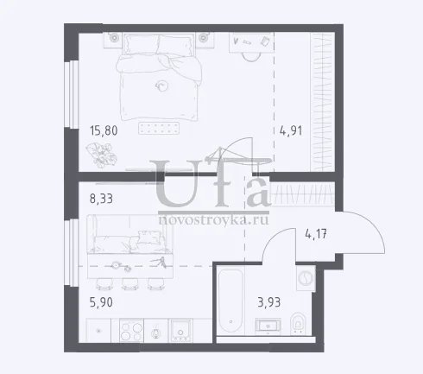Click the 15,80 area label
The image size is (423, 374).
click(x=104, y=130)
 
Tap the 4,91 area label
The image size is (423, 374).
click(x=291, y=130)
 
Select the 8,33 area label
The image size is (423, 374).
click(x=101, y=199)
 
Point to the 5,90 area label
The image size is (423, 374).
click(x=101, y=302)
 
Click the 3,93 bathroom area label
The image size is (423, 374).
click(x=269, y=302)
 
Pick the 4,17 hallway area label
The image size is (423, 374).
click(x=316, y=234)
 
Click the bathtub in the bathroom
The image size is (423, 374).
click(x=230, y=301)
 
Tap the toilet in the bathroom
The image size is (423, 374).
click(x=298, y=323)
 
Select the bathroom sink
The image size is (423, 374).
click(x=268, y=326)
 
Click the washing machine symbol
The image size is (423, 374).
click(x=306, y=279)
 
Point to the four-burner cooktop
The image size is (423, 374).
click(x=131, y=330)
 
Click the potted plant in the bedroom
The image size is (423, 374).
click(x=101, y=155)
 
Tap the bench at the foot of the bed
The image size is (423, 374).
click(x=159, y=128)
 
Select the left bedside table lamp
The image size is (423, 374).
click(x=114, y=37)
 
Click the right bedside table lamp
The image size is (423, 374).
click(x=204, y=37)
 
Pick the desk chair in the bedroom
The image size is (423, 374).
click(x=252, y=57)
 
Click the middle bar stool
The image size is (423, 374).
click(x=129, y=284)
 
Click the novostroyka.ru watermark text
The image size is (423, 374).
click(x=213, y=220)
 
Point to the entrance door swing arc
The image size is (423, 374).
click(x=375, y=227)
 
